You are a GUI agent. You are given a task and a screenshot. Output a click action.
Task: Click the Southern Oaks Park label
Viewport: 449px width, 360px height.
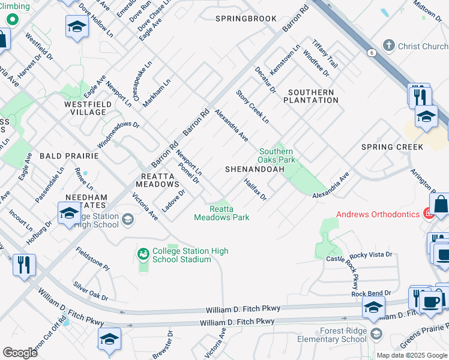[276, 156]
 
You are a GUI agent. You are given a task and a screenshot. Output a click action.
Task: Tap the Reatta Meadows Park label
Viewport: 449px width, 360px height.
[221, 213]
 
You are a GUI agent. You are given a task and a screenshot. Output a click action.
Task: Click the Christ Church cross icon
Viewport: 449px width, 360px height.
[388, 46]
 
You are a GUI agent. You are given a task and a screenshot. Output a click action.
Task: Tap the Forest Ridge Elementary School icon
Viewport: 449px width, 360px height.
[376, 334]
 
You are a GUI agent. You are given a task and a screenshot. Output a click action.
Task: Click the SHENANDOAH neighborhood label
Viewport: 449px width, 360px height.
[255, 170]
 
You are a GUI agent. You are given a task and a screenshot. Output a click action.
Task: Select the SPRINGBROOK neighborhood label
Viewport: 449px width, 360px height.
[246, 19]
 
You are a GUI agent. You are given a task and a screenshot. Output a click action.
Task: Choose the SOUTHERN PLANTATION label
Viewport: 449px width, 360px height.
[313, 96]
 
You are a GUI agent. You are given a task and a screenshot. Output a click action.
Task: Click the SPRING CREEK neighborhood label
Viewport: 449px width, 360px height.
[393, 147]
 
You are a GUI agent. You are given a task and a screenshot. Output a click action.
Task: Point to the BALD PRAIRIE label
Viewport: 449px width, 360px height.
[68, 156]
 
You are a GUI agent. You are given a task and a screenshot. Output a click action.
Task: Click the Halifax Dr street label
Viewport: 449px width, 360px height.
[255, 189]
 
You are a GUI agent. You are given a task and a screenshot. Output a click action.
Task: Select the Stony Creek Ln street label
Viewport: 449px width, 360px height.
[252, 107]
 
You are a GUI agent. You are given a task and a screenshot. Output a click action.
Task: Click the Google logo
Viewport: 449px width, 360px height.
[20, 353]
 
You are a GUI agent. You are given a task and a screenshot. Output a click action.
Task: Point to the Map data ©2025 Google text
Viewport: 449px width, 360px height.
[411, 355]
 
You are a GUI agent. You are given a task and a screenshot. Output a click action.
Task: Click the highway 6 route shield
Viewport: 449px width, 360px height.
[372, 53]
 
